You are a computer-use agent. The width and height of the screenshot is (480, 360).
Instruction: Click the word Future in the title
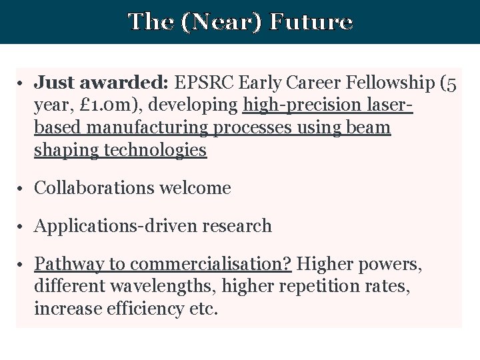[311, 22]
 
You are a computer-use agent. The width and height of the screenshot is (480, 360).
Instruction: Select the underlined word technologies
[155, 151]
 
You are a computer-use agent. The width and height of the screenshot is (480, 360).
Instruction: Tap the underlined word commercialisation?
[211, 264]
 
